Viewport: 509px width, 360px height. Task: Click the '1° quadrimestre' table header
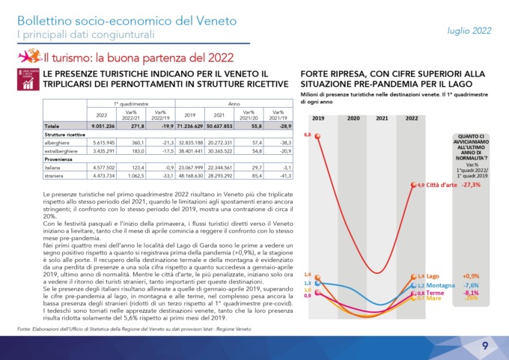[126, 105]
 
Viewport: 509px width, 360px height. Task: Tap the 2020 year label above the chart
[353, 118]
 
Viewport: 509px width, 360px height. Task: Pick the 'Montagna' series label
[444, 285]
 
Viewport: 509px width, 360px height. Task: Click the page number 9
[485, 345]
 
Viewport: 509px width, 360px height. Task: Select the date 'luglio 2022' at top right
[469, 31]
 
